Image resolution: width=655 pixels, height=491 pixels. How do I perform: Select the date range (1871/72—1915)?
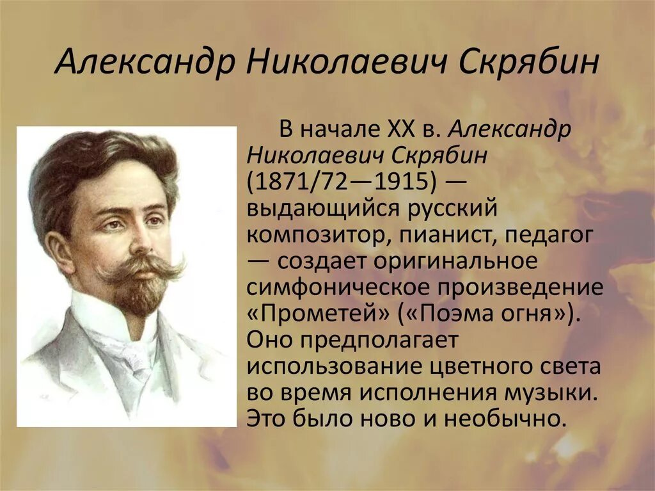[x=342, y=182]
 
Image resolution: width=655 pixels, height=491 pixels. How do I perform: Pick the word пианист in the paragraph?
[x=446, y=236]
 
